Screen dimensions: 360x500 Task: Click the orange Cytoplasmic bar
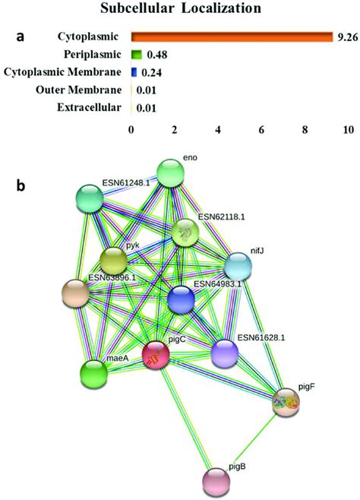point(232,37)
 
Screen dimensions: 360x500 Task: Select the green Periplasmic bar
point(137,55)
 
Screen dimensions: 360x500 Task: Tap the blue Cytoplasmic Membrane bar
point(134,72)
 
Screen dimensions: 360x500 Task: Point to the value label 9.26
point(346,37)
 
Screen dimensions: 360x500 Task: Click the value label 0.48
point(156,55)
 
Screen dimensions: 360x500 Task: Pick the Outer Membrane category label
point(79,90)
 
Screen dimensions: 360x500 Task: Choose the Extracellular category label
point(89,107)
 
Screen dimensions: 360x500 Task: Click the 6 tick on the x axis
point(261,130)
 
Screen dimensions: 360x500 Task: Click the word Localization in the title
point(222,8)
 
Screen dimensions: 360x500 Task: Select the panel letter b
point(21,185)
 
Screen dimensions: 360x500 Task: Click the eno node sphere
point(171,173)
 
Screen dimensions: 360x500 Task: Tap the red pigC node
point(156,355)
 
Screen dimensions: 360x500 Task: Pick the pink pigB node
point(216,481)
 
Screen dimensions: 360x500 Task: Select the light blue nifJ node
point(238,266)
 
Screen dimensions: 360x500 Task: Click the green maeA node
point(93,373)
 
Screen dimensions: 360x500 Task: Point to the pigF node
point(286,402)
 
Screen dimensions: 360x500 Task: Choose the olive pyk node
point(113,261)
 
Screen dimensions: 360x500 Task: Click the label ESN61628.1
point(261,337)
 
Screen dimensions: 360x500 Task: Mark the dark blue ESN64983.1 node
point(181,299)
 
